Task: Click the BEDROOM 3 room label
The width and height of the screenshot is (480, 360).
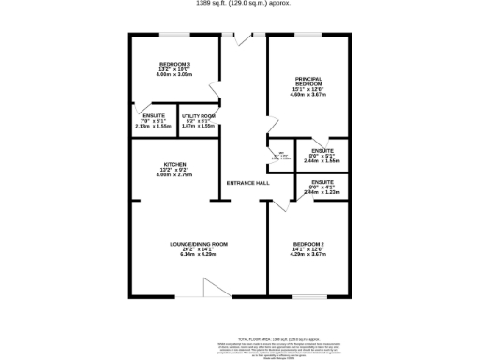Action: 174,64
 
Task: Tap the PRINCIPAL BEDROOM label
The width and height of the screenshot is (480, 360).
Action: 308,81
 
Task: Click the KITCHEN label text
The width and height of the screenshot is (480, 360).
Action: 174,164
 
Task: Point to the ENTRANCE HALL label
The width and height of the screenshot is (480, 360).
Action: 248,183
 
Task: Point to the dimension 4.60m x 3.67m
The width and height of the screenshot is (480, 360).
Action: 308,95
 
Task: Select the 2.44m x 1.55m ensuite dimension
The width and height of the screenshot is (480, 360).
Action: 322,161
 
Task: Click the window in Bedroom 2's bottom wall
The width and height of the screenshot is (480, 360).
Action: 308,297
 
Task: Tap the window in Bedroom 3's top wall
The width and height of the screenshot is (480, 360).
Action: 174,37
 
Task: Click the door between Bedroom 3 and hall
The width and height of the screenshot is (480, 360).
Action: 215,91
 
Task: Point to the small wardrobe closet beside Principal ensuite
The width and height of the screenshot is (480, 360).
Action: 278,157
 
